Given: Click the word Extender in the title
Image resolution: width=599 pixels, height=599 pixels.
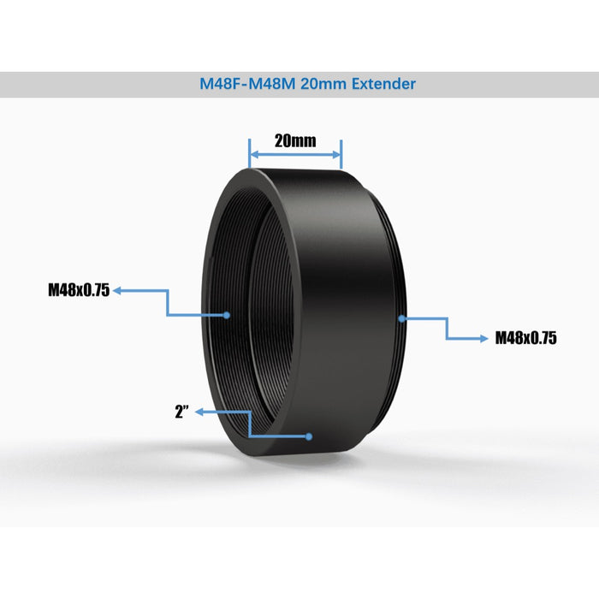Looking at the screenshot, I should (x=383, y=85).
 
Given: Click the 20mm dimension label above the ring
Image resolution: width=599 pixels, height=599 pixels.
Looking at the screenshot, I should (x=295, y=139).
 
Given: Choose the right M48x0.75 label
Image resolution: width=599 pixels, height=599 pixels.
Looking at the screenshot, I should (x=526, y=338).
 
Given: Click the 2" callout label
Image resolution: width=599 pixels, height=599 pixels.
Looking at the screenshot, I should (x=181, y=412).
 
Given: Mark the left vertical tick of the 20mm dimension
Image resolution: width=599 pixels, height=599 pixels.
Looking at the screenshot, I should (x=249, y=154).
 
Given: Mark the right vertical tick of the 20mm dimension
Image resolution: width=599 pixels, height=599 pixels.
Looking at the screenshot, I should (x=341, y=154).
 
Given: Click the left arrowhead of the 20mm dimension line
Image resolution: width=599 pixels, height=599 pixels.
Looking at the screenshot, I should (x=253, y=155).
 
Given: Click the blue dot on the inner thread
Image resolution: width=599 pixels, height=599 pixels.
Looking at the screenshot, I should (x=228, y=315).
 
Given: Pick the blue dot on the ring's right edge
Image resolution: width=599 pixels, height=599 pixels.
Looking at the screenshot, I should (x=401, y=318).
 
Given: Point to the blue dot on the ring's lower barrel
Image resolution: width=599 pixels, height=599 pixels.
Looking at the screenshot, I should (x=310, y=436).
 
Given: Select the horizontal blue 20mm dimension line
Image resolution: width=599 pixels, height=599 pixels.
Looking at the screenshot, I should (x=295, y=155).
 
